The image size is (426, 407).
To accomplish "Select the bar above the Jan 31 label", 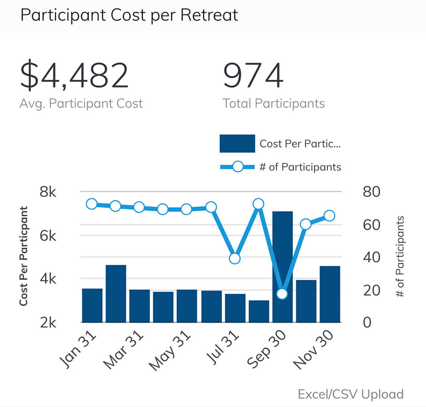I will [92, 305].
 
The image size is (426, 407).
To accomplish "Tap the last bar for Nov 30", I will [330, 294].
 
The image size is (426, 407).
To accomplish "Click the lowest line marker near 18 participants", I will [282, 294].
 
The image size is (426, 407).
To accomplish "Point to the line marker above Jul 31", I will [235, 259].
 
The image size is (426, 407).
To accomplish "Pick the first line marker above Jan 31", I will [92, 204].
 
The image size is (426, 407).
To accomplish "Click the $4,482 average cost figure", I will [74, 76].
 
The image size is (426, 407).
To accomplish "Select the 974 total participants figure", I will [253, 76].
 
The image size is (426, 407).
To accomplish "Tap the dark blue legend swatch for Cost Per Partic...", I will [237, 144].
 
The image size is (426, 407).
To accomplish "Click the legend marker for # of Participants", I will [237, 167].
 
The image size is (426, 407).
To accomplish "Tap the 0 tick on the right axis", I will [367, 322].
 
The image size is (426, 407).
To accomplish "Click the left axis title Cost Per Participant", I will [24, 256].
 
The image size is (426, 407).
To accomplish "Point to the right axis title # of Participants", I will [400, 256].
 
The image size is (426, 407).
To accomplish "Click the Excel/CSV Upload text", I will [350, 394].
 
